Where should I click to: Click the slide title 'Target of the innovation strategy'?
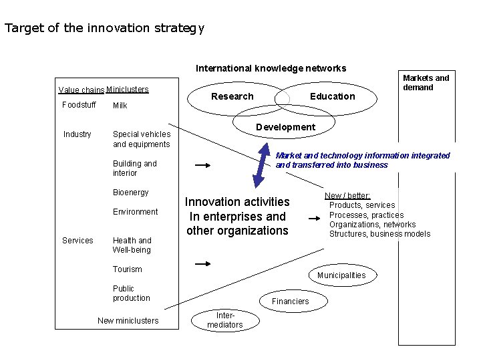104,29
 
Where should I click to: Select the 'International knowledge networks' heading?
271,68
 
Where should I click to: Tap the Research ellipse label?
232,96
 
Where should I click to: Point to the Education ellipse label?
332,96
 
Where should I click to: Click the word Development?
285,127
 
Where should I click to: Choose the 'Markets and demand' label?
426,83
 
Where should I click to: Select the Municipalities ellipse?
341,275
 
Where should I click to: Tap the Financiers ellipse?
290,302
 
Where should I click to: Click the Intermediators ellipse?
224,320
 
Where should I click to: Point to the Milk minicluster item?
120,106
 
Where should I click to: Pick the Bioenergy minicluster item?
131,193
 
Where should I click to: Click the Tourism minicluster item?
128,269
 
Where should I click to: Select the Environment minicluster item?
136,212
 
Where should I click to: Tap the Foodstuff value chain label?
79,105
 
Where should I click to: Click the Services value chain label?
77,241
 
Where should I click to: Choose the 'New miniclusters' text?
128,321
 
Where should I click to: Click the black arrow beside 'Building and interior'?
202,164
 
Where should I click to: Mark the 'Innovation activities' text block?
237,216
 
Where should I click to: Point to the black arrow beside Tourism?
202,265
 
